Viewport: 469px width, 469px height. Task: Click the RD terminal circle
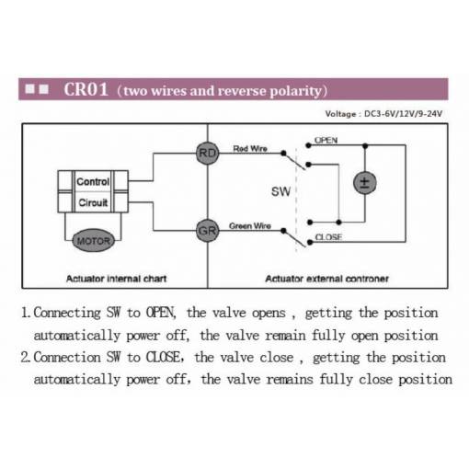208,153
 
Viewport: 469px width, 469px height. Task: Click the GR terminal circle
208,231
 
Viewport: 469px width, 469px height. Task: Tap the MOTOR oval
93,241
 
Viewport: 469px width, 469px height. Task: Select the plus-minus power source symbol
365,183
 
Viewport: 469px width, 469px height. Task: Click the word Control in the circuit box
93,181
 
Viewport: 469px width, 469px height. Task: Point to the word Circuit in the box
93,202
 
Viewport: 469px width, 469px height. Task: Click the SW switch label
280,191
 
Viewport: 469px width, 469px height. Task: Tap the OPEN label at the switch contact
326,141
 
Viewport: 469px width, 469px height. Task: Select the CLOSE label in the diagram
328,237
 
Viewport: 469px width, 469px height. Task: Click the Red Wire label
250,149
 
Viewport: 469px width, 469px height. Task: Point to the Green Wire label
250,226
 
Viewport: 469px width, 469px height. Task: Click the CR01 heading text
86,89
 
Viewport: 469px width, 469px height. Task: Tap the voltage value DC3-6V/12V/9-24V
403,114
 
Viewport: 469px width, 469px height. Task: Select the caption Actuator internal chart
116,279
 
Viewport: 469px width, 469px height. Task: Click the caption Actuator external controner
326,279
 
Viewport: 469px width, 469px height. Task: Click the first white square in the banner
29,89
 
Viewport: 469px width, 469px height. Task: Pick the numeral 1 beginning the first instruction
25,313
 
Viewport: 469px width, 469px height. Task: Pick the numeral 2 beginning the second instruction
25,358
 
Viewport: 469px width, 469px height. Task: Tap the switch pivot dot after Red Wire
283,153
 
